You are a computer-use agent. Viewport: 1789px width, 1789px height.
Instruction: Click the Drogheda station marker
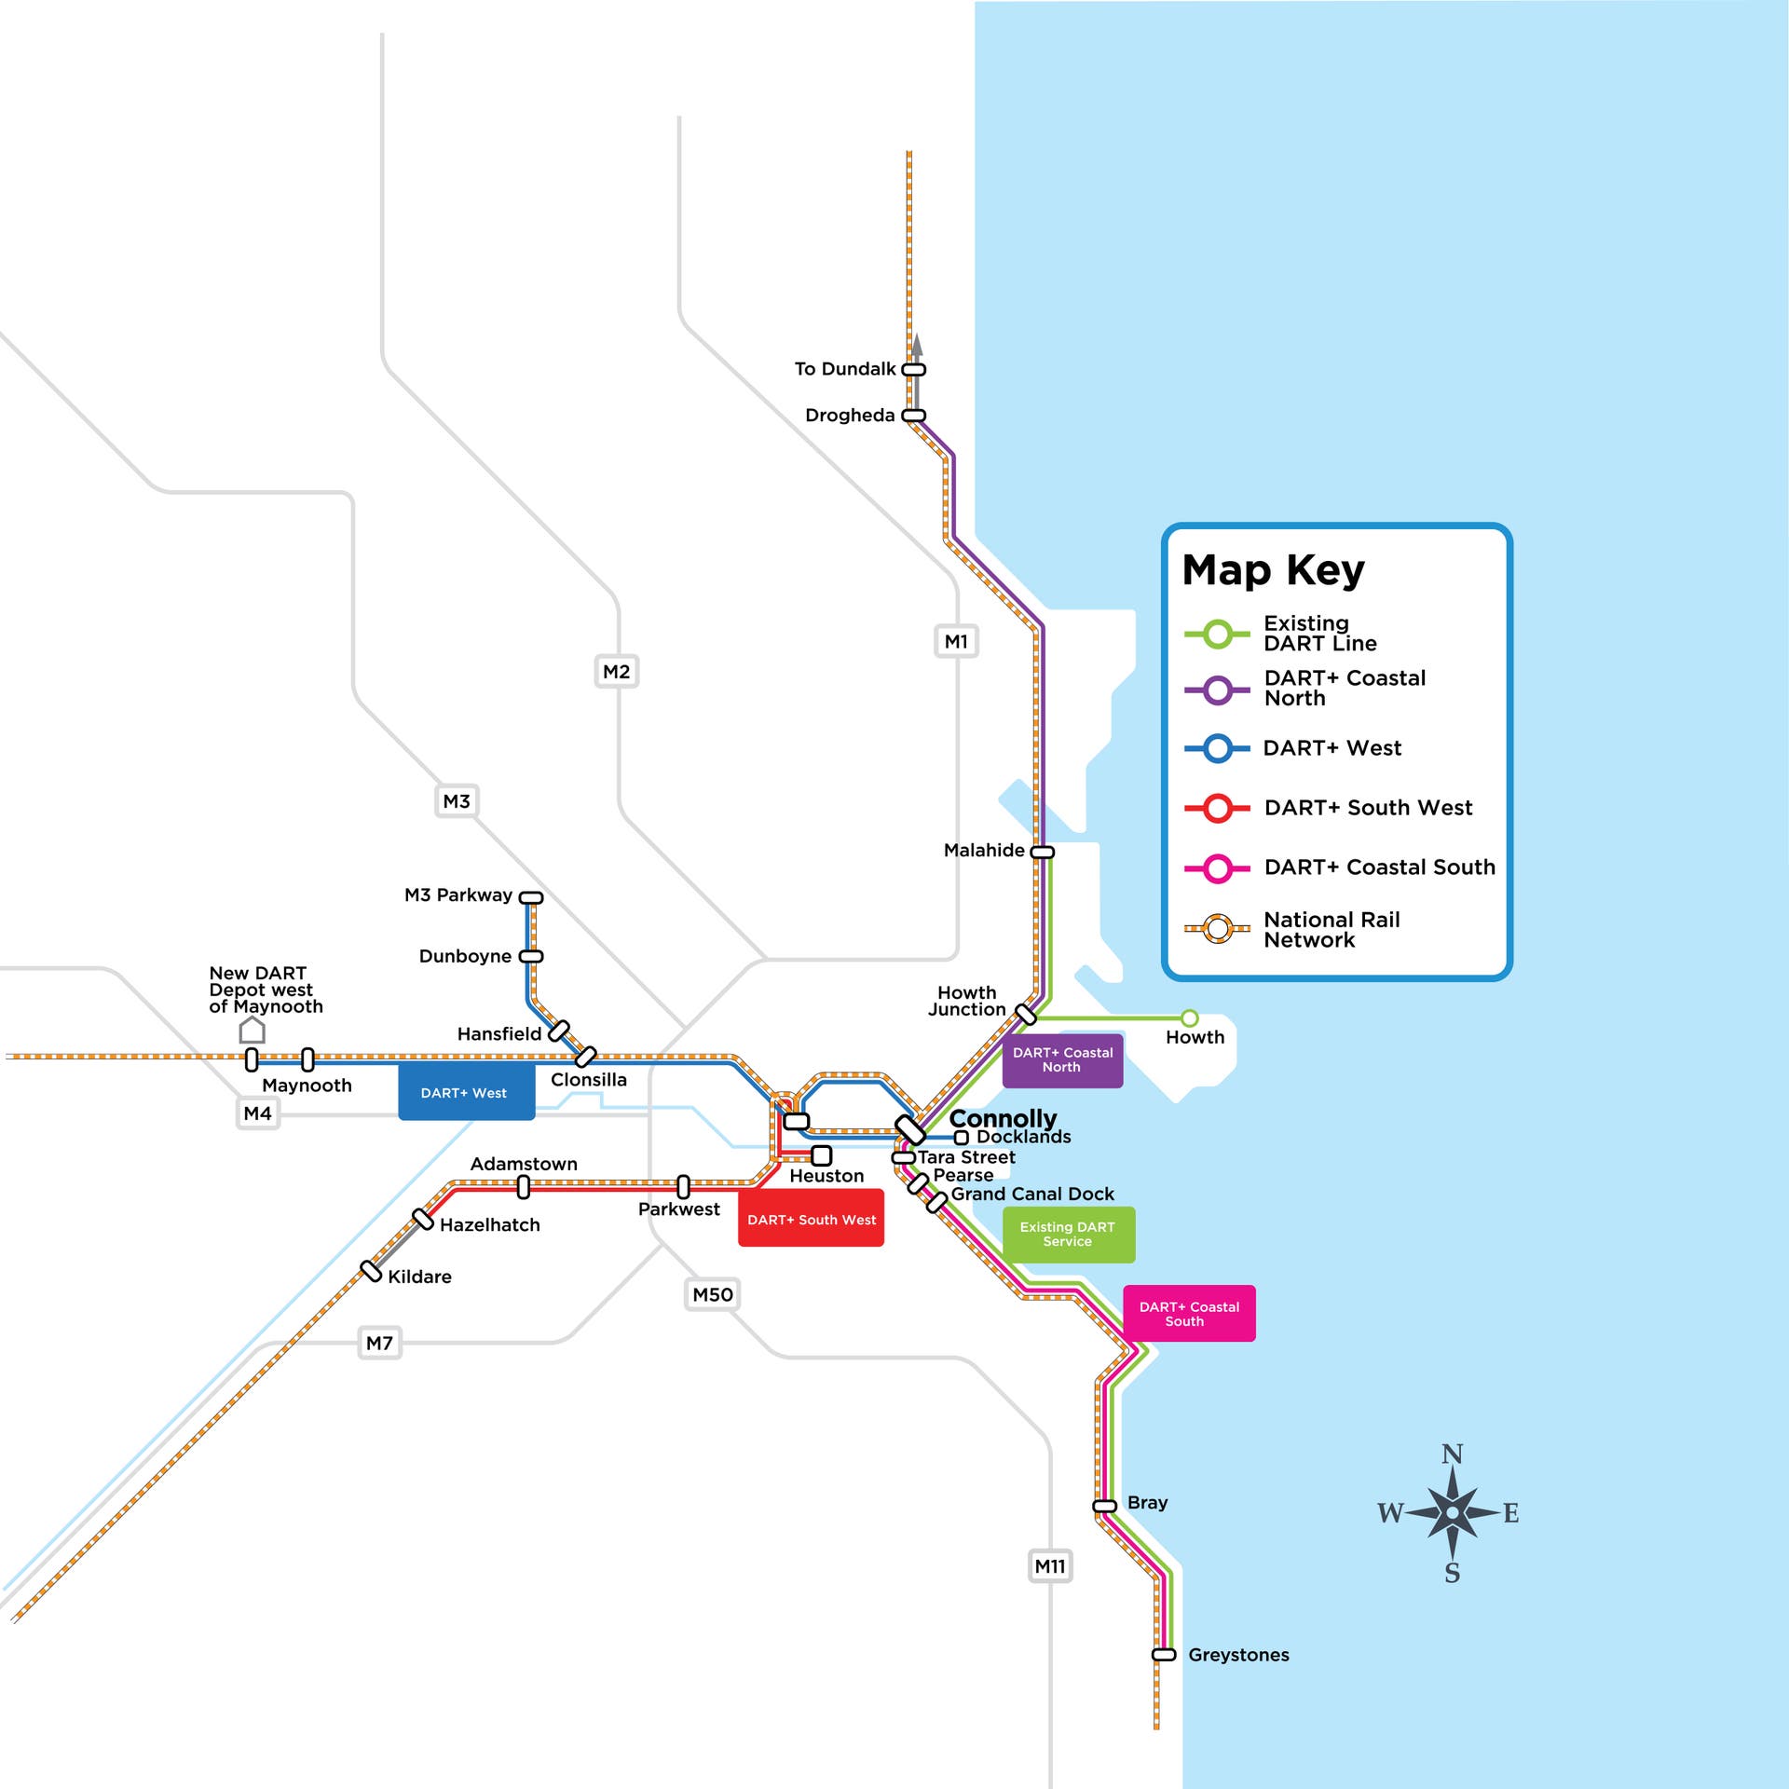click(x=914, y=416)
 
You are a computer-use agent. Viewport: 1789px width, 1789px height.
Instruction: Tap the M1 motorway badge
click(x=956, y=641)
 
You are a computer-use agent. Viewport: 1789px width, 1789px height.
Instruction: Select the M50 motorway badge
click(x=713, y=1294)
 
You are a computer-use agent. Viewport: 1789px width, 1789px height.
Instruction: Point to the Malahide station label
click(x=984, y=850)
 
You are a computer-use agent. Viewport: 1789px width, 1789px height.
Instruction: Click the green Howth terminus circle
click(x=1190, y=1017)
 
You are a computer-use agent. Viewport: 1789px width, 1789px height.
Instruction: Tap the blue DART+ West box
click(x=466, y=1092)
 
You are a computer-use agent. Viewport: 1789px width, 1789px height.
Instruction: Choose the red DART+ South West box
click(x=811, y=1219)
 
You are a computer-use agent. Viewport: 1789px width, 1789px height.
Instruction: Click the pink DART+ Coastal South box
click(x=1189, y=1314)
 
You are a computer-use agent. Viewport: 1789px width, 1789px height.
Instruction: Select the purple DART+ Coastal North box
click(x=1062, y=1059)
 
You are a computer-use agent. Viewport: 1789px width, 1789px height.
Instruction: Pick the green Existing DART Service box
click(x=1068, y=1235)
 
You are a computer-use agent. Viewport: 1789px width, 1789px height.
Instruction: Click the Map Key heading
click(x=1273, y=569)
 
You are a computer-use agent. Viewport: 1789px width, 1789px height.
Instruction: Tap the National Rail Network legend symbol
click(x=1217, y=929)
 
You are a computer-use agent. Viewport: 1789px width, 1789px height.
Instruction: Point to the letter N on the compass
click(x=1452, y=1454)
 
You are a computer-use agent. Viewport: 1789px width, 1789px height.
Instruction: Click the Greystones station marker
click(x=1164, y=1655)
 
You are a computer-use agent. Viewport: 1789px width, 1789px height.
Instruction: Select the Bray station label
click(x=1147, y=1503)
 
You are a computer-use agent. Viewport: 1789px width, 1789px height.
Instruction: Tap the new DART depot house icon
click(x=252, y=1030)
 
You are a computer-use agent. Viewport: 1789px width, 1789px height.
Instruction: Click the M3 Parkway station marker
click(x=531, y=897)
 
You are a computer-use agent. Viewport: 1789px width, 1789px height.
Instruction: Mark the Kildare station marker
click(x=372, y=1272)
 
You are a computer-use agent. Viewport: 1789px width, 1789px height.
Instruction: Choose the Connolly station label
click(x=1003, y=1118)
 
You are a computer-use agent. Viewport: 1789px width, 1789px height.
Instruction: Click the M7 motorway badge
click(x=379, y=1343)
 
